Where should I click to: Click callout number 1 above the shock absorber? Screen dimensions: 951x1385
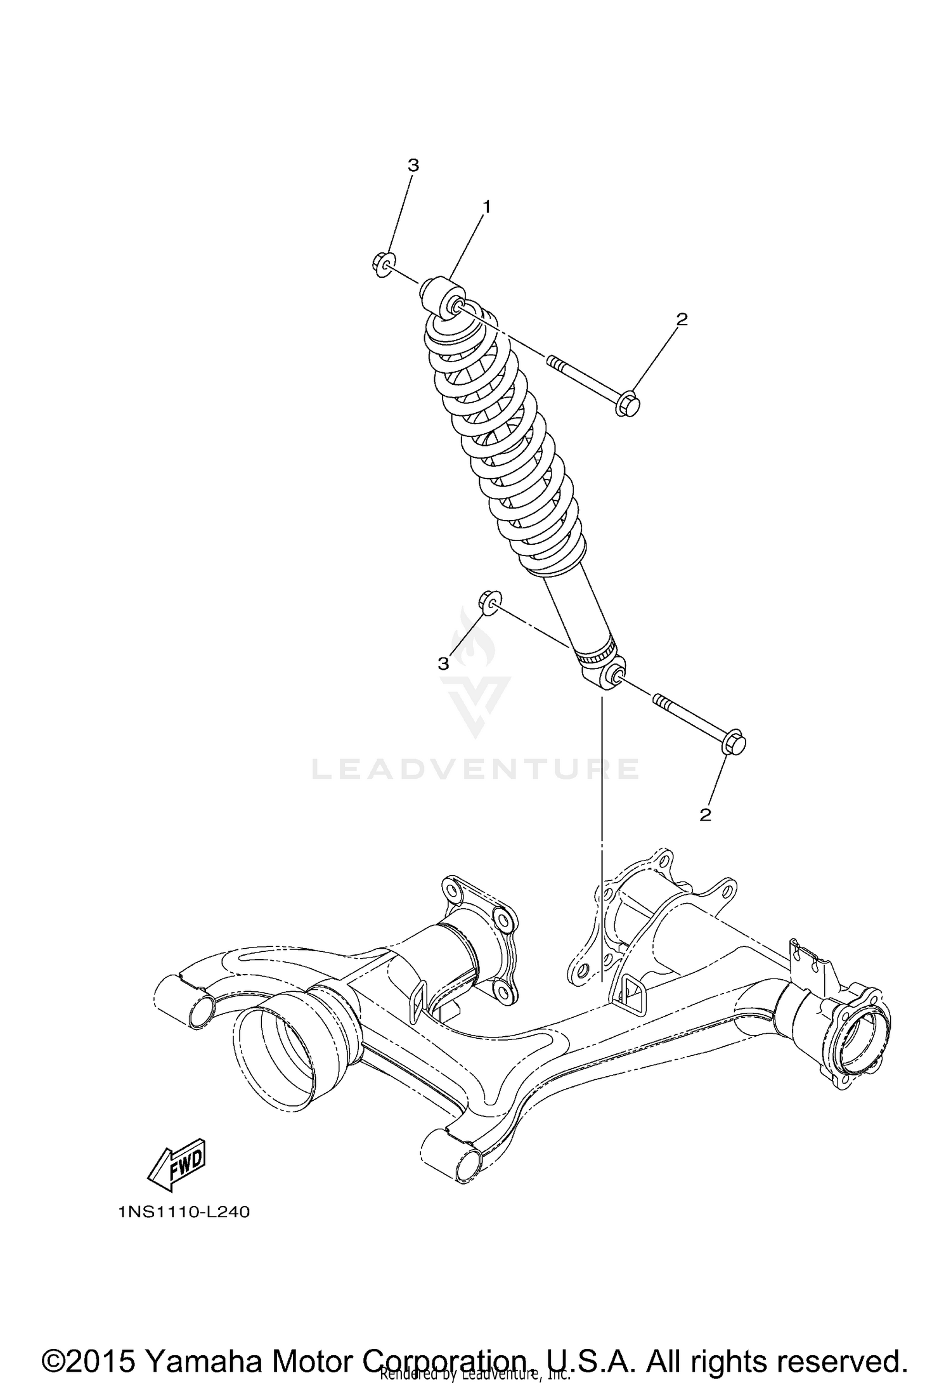click(x=487, y=206)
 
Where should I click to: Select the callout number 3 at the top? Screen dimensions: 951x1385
click(x=413, y=166)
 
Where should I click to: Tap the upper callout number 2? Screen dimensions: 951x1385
click(x=682, y=319)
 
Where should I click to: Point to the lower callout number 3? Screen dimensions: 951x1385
click(x=443, y=663)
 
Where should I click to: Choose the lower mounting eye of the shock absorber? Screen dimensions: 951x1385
click(x=606, y=675)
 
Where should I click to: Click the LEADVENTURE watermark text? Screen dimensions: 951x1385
click(x=475, y=769)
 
